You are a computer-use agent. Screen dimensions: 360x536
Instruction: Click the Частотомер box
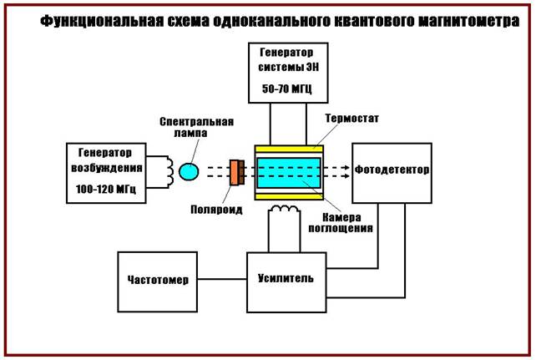[x=159, y=279]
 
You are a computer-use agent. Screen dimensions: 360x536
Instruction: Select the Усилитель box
[x=286, y=277]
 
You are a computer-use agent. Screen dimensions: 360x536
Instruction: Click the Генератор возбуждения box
[x=106, y=173]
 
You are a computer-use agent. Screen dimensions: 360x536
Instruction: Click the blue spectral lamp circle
[x=190, y=172]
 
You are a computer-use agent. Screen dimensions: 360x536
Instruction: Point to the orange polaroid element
[x=236, y=172]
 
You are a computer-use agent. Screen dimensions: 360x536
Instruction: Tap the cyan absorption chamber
[x=289, y=172]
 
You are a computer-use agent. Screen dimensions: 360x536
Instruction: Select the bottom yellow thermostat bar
[x=289, y=196]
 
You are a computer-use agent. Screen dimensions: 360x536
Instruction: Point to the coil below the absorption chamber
[x=288, y=209]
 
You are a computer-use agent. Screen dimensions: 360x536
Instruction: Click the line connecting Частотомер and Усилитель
[x=224, y=279]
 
